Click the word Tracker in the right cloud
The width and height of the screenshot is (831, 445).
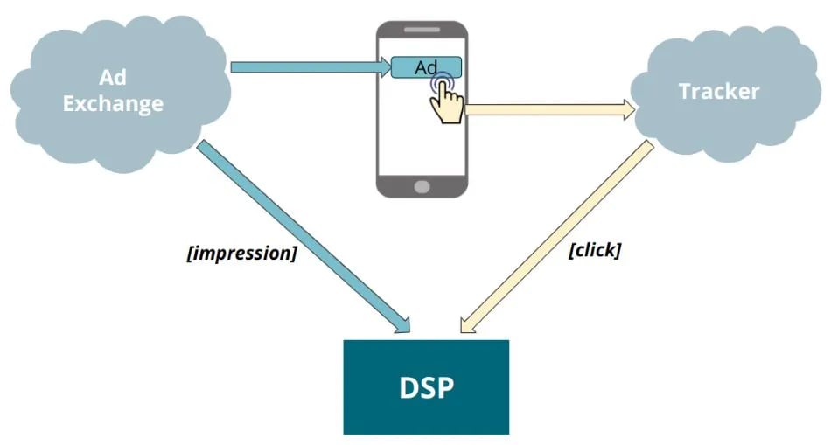click(719, 91)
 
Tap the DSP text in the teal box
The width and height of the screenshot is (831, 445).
click(425, 386)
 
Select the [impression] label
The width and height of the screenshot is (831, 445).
click(241, 254)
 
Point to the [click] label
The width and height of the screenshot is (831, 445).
click(594, 250)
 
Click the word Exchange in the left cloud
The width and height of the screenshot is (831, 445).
click(113, 103)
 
